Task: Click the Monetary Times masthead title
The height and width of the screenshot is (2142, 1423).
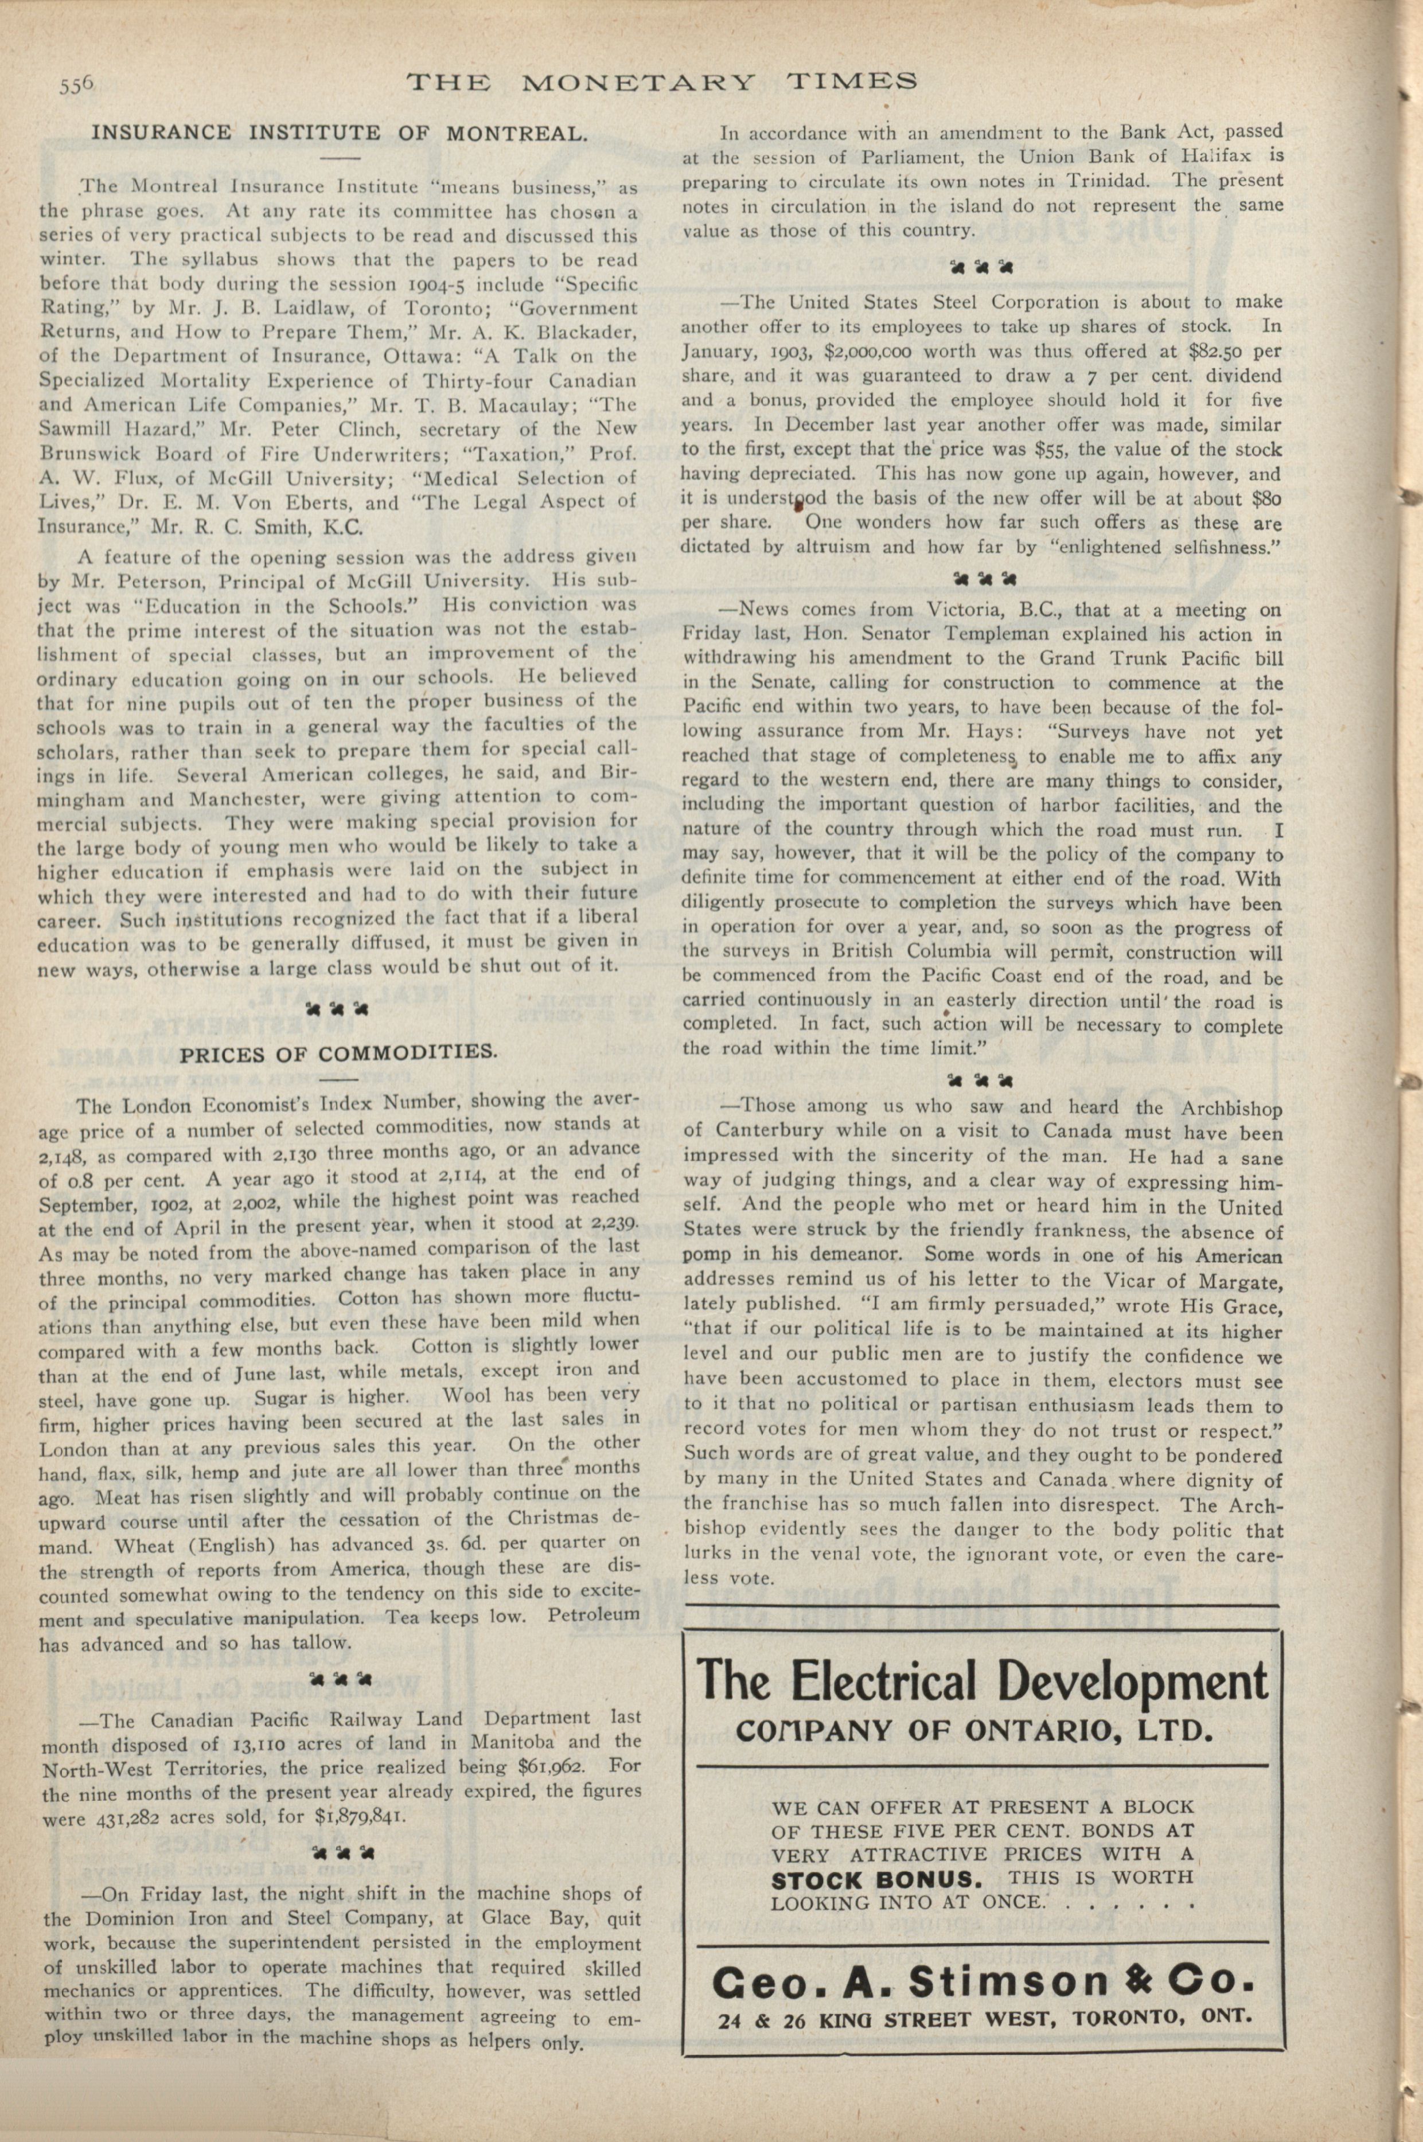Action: tap(661, 83)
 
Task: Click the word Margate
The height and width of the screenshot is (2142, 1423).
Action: tap(1242, 1282)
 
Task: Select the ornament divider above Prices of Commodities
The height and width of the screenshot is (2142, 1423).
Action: tap(338, 1008)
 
